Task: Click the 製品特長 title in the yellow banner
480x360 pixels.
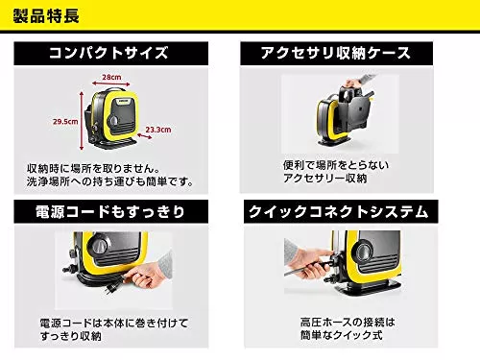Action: pyautogui.click(x=46, y=16)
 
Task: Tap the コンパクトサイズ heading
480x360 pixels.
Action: pyautogui.click(x=108, y=53)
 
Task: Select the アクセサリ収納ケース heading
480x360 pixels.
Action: pyautogui.click(x=336, y=53)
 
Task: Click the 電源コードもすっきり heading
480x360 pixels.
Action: pyautogui.click(x=110, y=212)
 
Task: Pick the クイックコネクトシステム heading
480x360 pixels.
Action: pyautogui.click(x=339, y=212)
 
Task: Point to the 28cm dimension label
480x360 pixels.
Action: pyautogui.click(x=111, y=77)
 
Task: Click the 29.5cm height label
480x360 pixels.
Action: pyautogui.click(x=65, y=122)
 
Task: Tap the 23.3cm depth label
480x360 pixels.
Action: pyautogui.click(x=158, y=130)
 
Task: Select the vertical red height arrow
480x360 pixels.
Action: pyautogui.click(x=82, y=121)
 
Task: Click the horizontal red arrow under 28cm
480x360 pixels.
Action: pyautogui.click(x=111, y=84)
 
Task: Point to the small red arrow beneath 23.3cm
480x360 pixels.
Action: pyautogui.click(x=145, y=135)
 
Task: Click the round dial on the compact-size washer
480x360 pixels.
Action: pyautogui.click(x=114, y=121)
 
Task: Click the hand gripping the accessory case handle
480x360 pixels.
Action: pyautogui.click(x=352, y=84)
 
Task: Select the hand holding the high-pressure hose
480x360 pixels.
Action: pyautogui.click(x=310, y=263)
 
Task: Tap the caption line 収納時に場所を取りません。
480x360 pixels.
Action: pyautogui.click(x=93, y=169)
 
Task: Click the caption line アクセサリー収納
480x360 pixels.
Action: pyautogui.click(x=325, y=179)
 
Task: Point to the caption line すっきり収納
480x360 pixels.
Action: pyautogui.click(x=71, y=336)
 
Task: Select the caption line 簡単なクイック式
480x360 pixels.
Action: pyautogui.click(x=342, y=335)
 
